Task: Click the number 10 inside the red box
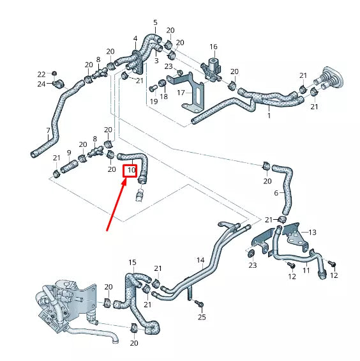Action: coord(130,171)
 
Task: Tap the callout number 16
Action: coord(213,47)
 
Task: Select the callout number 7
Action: coord(48,131)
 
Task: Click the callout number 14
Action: coord(200,260)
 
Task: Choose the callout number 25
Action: coord(202,317)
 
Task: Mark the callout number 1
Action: coord(269,116)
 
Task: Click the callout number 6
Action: coord(276,192)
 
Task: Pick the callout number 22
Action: coord(41,74)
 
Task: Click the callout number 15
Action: coord(132,263)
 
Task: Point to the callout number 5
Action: coord(154,23)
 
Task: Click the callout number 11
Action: coord(306,271)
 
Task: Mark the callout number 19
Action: coord(153,101)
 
